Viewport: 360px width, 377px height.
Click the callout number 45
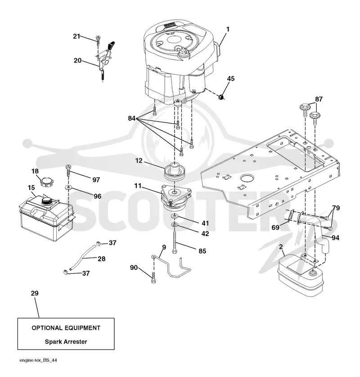pyautogui.click(x=230, y=79)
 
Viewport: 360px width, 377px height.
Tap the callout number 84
pyautogui.click(x=131, y=118)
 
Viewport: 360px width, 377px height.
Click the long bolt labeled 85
pyautogui.click(x=175, y=241)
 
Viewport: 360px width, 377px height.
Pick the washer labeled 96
pyautogui.click(x=68, y=187)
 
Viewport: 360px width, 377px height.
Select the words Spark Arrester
pyautogui.click(x=66, y=342)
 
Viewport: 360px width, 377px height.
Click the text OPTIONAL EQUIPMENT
pyautogui.click(x=66, y=328)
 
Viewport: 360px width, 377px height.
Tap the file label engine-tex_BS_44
pyautogui.click(x=38, y=360)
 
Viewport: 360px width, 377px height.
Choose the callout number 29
pyautogui.click(x=35, y=293)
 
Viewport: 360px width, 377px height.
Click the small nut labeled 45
pyautogui.click(x=221, y=97)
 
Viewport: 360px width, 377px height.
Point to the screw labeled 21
pyautogui.click(x=98, y=40)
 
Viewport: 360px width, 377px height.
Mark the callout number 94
pyautogui.click(x=335, y=238)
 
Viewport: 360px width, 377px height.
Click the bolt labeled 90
pyautogui.click(x=153, y=278)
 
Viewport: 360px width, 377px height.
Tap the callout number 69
pyautogui.click(x=275, y=227)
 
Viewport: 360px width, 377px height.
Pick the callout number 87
pyautogui.click(x=319, y=99)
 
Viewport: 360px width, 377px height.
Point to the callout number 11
pyautogui.click(x=138, y=186)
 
